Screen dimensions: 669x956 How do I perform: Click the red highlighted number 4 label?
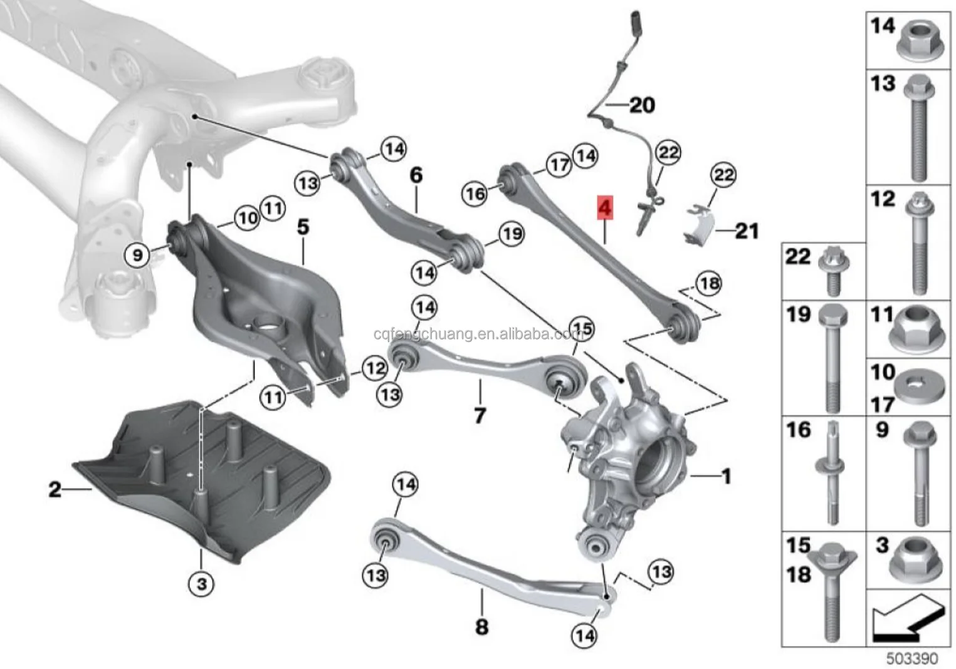click(x=605, y=208)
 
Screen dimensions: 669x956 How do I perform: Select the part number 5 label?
click(x=303, y=227)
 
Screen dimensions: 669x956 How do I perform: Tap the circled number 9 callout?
click(x=137, y=254)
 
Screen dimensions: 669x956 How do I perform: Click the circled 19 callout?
click(x=512, y=234)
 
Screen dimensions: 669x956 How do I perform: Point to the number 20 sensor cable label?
click(x=641, y=105)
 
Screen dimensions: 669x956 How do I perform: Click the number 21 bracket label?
click(x=746, y=231)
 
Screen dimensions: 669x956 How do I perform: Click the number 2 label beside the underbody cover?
click(x=55, y=489)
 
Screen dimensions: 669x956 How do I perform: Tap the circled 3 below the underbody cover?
click(x=201, y=584)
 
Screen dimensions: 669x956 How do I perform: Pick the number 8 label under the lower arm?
click(x=481, y=626)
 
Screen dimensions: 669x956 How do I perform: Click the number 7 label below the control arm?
click(x=480, y=415)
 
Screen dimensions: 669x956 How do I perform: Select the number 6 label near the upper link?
click(x=416, y=175)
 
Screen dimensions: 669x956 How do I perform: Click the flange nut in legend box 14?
click(x=918, y=44)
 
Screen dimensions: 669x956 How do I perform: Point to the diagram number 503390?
click(x=911, y=658)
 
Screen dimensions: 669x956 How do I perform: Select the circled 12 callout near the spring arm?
click(x=374, y=368)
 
